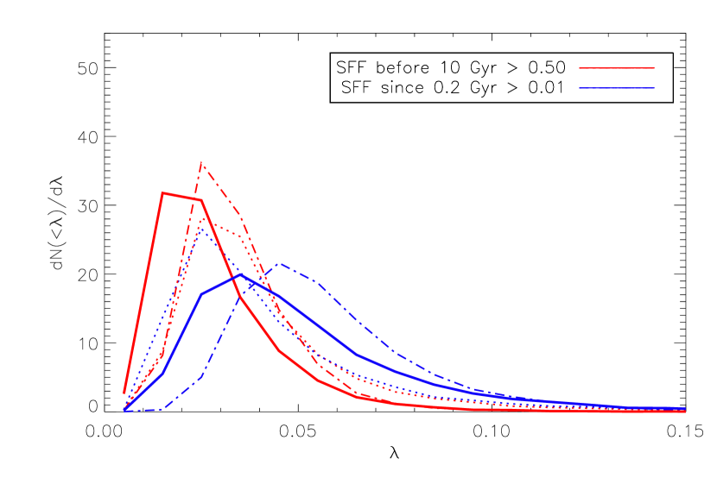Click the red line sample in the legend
pyautogui.click(x=616, y=67)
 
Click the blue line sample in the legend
pyautogui.click(x=616, y=88)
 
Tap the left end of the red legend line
pyautogui.click(x=580, y=67)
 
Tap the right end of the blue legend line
pyautogui.click(x=654, y=88)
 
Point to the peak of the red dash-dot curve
pyautogui.click(x=201, y=162)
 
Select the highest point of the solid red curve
pyautogui.click(x=162, y=192)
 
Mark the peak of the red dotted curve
pyautogui.click(x=201, y=220)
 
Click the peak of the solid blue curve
pyautogui.click(x=240, y=275)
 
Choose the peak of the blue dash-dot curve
pyautogui.click(x=278, y=263)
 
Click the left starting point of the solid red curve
pyautogui.click(x=124, y=393)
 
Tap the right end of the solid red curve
pyautogui.click(x=684, y=412)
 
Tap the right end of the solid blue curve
pyautogui.click(x=684, y=408)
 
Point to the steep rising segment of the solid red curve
pyautogui.click(x=143, y=293)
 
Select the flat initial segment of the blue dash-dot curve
pyautogui.click(x=143, y=410)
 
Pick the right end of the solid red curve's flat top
pyautogui.click(x=201, y=200)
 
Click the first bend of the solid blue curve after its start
pyautogui.click(x=162, y=372)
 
